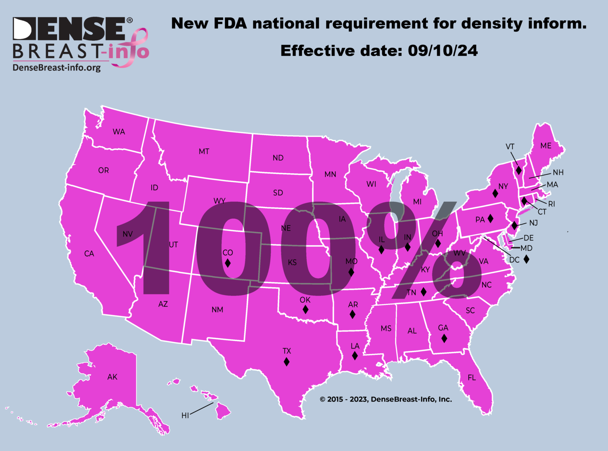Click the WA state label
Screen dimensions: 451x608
119,132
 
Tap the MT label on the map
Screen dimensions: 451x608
204,152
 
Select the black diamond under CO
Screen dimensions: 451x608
228,263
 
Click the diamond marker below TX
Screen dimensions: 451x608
287,362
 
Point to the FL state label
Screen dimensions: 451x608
472,378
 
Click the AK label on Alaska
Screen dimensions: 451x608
112,377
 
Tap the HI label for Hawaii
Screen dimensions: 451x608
185,415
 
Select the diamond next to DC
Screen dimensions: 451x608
526,259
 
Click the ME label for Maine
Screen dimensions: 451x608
546,146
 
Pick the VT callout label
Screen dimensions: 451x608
510,147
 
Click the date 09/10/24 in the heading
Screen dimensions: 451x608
443,51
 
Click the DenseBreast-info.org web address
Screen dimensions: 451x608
57,68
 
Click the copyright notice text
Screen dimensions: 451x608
386,399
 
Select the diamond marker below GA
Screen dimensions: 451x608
444,338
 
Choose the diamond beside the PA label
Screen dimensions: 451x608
490,218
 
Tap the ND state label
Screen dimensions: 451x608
278,158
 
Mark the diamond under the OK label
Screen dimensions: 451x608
305,309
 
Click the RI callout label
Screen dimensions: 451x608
551,204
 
